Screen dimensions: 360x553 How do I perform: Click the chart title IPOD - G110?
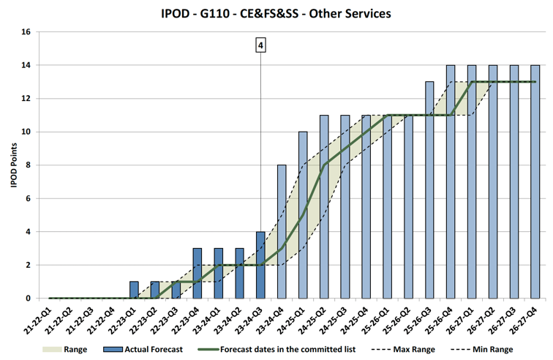(276, 14)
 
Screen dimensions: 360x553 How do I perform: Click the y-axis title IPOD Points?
(14, 165)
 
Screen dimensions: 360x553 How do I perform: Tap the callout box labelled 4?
(260, 45)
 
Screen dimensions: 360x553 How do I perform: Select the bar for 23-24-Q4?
(282, 231)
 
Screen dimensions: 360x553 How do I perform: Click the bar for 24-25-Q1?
(303, 215)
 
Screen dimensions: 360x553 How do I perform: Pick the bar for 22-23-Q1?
(134, 290)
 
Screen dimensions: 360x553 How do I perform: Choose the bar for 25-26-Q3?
(429, 190)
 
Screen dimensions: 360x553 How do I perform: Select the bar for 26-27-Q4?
(535, 181)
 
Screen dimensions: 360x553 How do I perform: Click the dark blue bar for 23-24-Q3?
(260, 265)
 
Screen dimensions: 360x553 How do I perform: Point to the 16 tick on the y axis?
(26, 32)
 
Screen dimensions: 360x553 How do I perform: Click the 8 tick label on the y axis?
(27, 165)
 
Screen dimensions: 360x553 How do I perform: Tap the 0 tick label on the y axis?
(27, 299)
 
